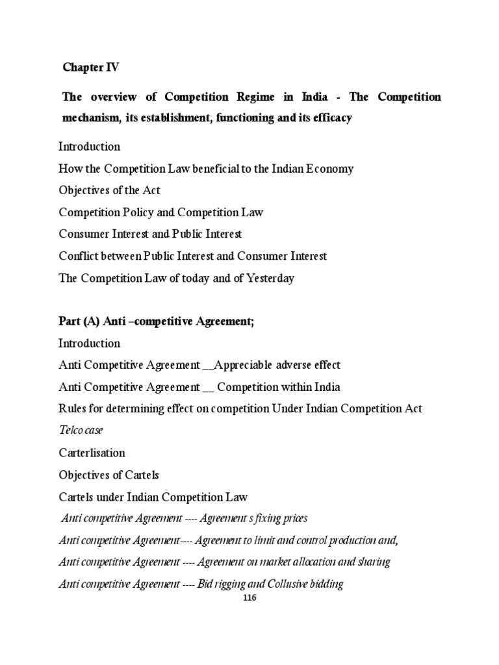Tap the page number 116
(249, 598)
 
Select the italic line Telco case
(81, 430)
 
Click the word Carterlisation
(92, 453)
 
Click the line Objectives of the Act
(109, 190)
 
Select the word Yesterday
(268, 278)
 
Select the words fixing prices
(273, 518)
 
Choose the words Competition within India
(279, 387)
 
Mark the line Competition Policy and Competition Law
(160, 212)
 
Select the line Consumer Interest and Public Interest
(150, 234)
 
